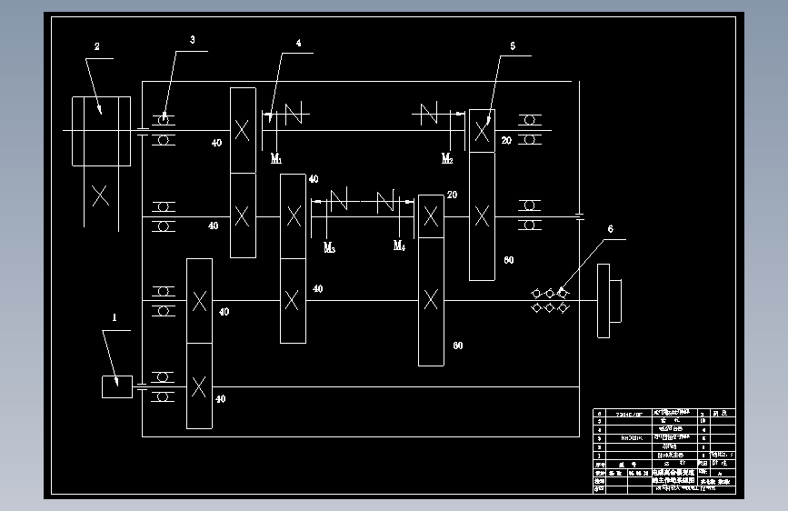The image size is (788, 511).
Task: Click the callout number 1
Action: click(115, 318)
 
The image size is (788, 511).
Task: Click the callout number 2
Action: click(97, 45)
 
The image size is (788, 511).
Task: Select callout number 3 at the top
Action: click(192, 40)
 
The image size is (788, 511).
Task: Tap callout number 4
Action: click(298, 42)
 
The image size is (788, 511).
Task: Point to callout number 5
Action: click(513, 45)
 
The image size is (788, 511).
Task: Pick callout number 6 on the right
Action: click(610, 230)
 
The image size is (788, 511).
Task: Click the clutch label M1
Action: click(276, 158)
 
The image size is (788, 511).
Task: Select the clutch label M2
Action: click(447, 158)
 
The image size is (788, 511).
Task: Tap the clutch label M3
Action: click(329, 246)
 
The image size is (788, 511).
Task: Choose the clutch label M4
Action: click(399, 245)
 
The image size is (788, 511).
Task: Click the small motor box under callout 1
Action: click(116, 386)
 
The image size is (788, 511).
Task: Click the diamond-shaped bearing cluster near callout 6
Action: click(550, 300)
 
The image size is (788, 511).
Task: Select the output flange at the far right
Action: click(608, 300)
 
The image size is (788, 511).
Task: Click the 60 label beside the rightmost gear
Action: click(509, 260)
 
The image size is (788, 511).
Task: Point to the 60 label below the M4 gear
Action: click(457, 346)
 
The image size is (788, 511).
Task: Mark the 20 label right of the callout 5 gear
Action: click(506, 141)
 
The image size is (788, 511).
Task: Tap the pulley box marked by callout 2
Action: click(103, 132)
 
